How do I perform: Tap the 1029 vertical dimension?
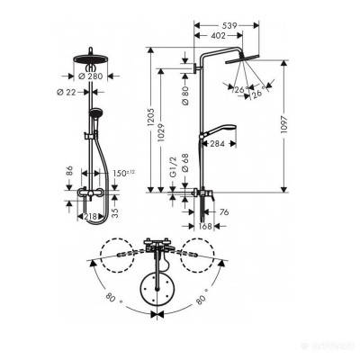coord(163,131)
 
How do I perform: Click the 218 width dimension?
coord(89,217)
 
